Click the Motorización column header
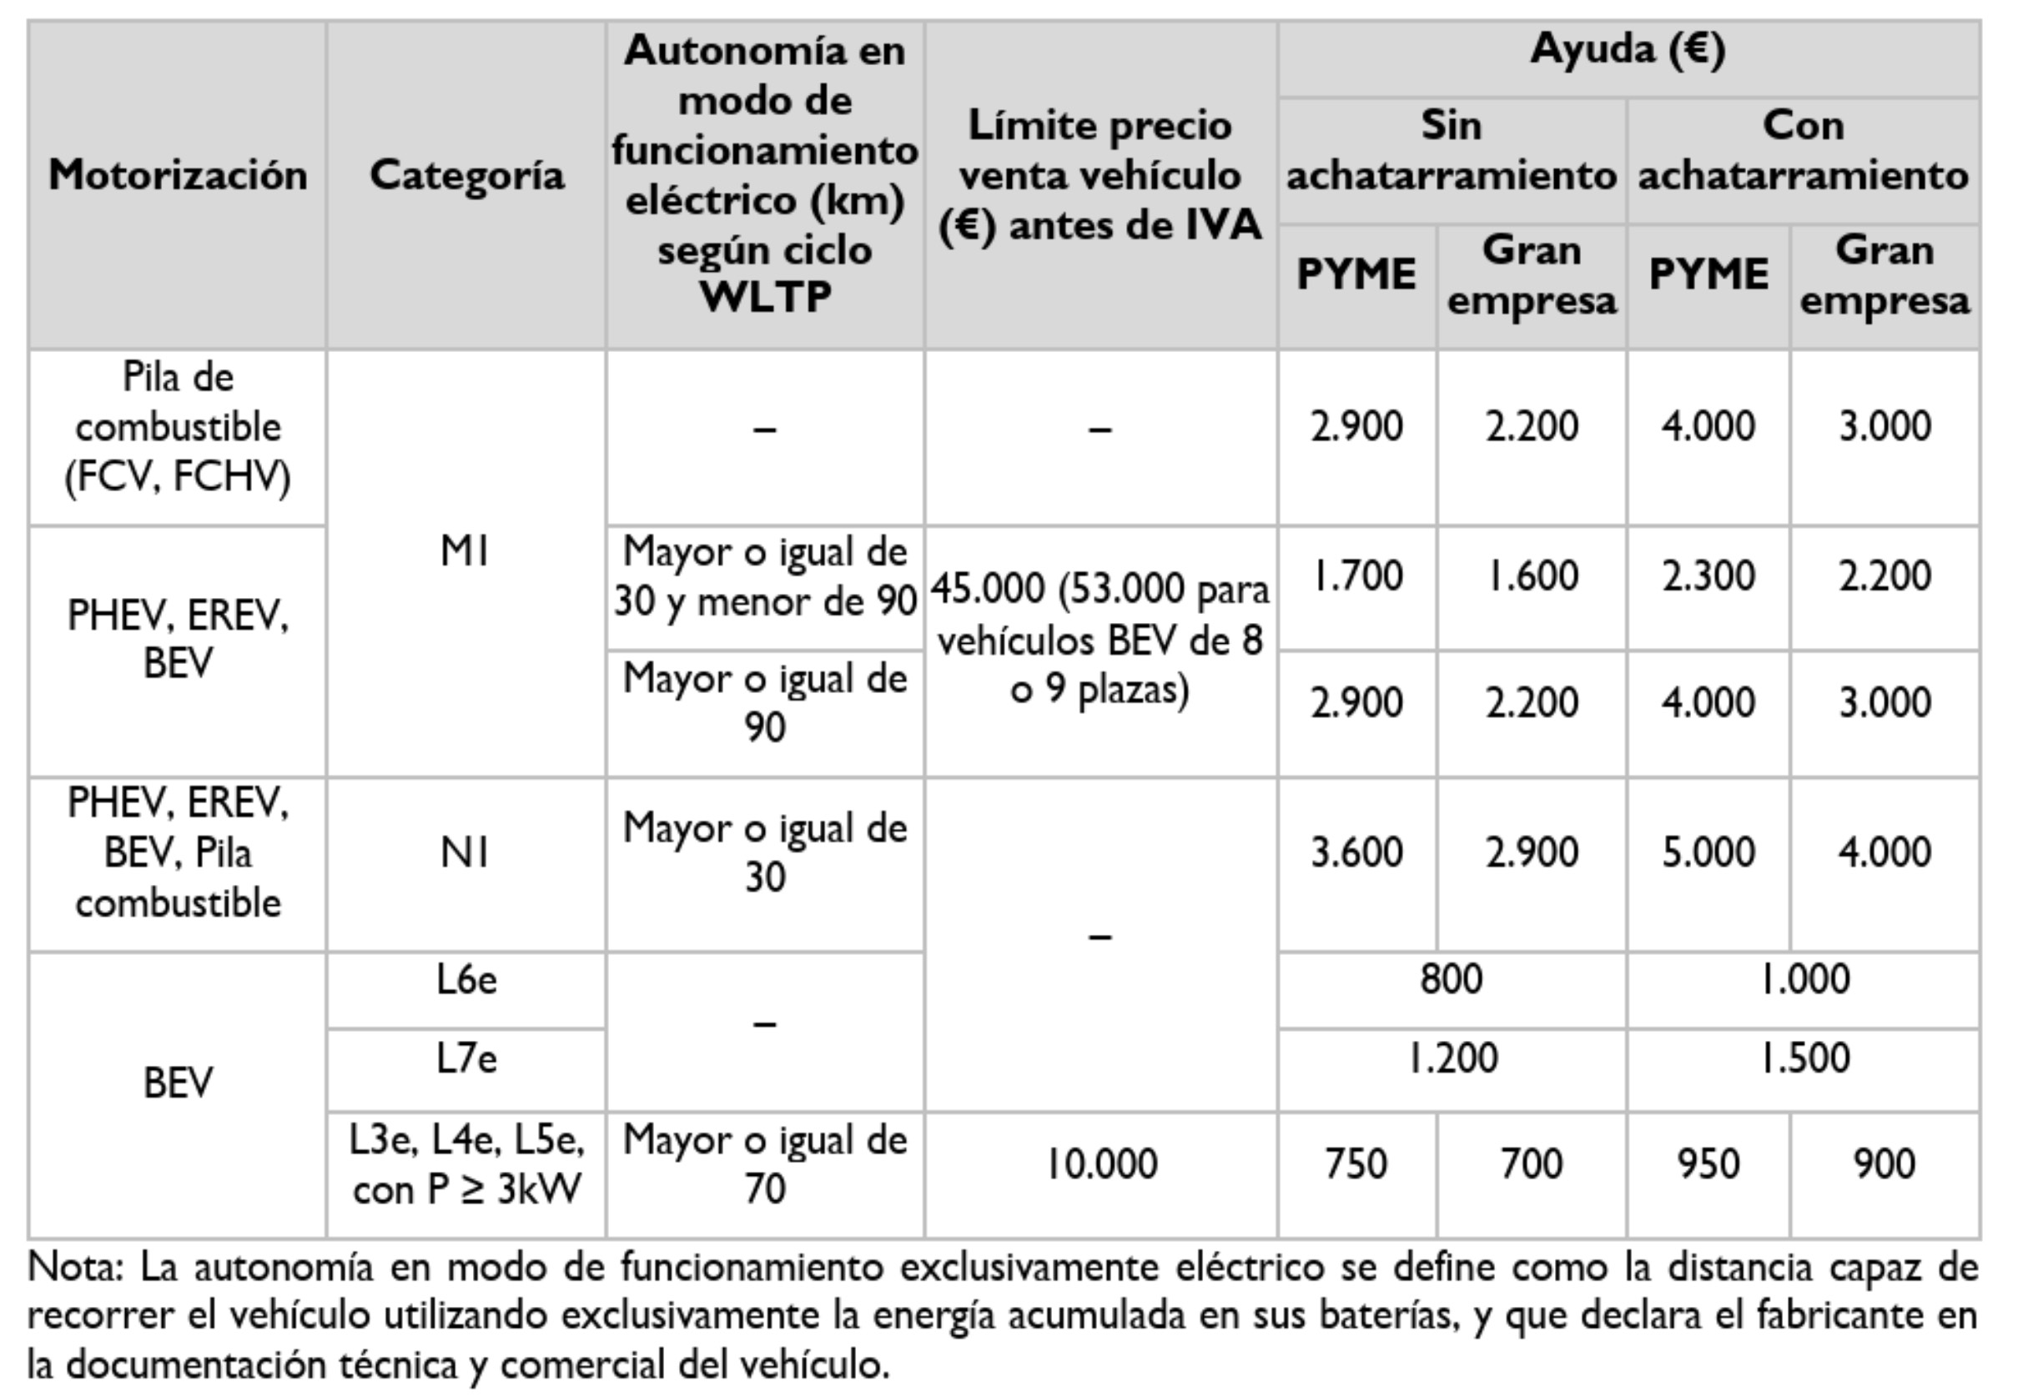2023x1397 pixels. pyautogui.click(x=178, y=175)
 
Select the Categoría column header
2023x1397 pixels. pyautogui.click(x=466, y=175)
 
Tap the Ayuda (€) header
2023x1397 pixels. pyautogui.click(x=1628, y=50)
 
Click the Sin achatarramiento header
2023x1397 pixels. pyautogui.click(x=1451, y=151)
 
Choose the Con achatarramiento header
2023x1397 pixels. pyautogui.click(x=1804, y=151)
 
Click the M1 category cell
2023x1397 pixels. pyautogui.click(x=465, y=552)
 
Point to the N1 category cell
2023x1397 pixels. pyautogui.click(x=465, y=852)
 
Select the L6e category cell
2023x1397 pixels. pyautogui.click(x=466, y=979)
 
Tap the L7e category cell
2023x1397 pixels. pyautogui.click(x=466, y=1059)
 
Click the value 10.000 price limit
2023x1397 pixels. pyautogui.click(x=1101, y=1164)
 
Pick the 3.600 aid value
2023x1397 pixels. pyautogui.click(x=1356, y=852)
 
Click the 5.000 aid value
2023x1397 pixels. pyautogui.click(x=1708, y=852)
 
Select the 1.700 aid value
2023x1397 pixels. pyautogui.click(x=1356, y=576)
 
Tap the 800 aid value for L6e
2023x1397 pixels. pyautogui.click(x=1451, y=979)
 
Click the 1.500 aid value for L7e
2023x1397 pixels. pyautogui.click(x=1804, y=1059)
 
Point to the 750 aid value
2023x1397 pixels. pyautogui.click(x=1356, y=1164)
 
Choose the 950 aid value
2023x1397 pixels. pyautogui.click(x=1708, y=1164)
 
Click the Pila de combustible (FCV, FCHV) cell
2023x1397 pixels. pyautogui.click(x=178, y=428)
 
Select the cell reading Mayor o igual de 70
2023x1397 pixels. pyautogui.click(x=764, y=1164)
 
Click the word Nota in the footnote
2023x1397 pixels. pyautogui.click(x=74, y=1268)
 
